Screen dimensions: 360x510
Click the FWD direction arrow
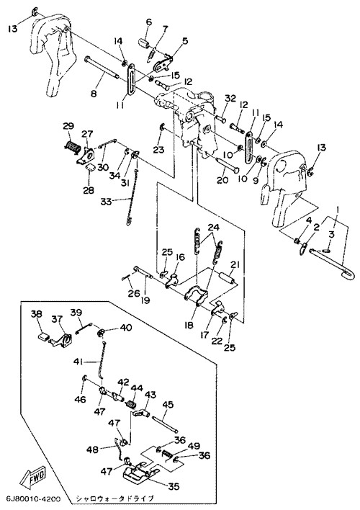tap(33, 476)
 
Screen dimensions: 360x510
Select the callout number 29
tap(68, 126)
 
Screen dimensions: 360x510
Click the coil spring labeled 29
tap(71, 147)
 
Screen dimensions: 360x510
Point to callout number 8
tap(94, 94)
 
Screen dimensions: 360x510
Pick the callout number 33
tap(106, 202)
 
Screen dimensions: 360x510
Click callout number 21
tap(235, 264)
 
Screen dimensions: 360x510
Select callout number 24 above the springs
tap(213, 228)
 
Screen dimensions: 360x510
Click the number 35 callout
tap(174, 486)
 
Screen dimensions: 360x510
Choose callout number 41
tap(78, 362)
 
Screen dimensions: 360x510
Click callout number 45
tap(168, 405)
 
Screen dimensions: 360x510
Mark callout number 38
tap(37, 314)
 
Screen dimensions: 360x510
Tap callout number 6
tap(149, 22)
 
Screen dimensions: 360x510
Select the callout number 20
tap(222, 180)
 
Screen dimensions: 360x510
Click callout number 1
tap(337, 210)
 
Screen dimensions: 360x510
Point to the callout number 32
tap(230, 98)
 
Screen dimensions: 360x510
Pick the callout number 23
tap(158, 150)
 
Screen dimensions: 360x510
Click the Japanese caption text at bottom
tap(114, 498)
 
